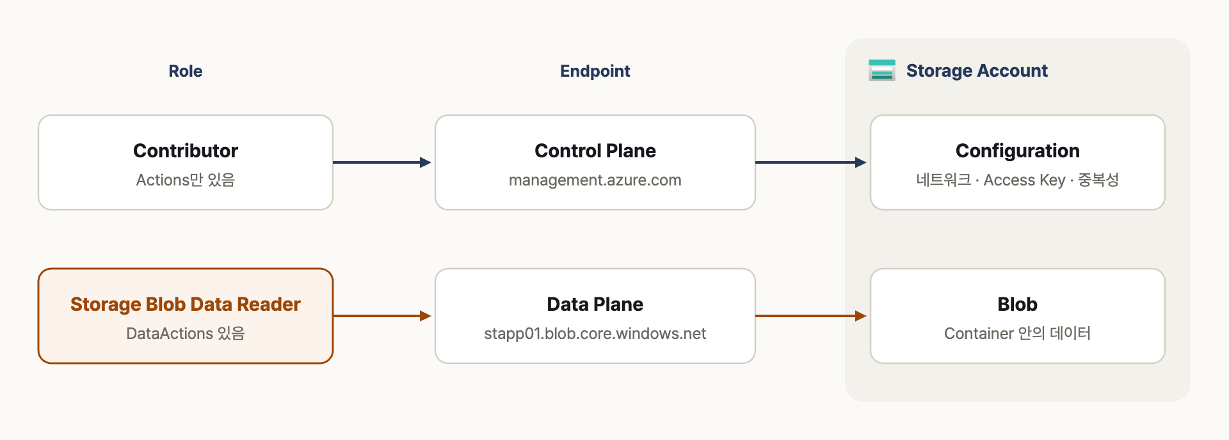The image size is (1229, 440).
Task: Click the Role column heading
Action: coord(186,71)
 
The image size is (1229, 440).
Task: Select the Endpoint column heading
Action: coord(595,71)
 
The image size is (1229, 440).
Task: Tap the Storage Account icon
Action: coord(882,70)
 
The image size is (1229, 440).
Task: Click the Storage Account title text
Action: coord(977,70)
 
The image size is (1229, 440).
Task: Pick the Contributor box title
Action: coord(186,151)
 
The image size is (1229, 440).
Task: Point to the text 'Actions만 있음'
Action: coord(186,180)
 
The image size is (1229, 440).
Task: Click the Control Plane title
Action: coord(595,151)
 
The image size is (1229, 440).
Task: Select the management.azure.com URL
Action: coord(595,180)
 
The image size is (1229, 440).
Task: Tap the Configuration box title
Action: coord(1018,151)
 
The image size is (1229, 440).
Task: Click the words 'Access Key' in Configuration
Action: coord(1024,180)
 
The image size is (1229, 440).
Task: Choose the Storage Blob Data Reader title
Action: coord(186,304)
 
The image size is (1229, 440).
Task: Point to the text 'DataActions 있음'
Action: coord(186,334)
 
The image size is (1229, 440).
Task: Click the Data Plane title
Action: coord(595,304)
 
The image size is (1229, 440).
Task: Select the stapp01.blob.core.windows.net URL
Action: coord(595,334)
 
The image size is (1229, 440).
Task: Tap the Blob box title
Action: coord(1018,304)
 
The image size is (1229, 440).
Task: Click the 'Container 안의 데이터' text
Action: coord(1018,334)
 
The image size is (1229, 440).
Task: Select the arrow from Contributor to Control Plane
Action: coord(382,162)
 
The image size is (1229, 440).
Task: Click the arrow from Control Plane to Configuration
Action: coord(811,162)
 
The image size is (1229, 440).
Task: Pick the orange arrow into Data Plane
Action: coord(382,316)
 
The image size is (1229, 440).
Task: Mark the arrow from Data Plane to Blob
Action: coord(811,316)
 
